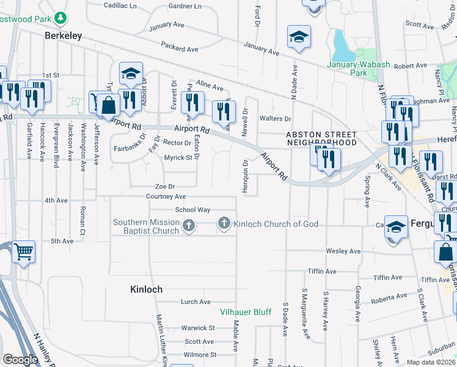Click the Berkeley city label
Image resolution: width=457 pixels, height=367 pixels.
point(64,36)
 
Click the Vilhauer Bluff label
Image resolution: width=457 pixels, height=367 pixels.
point(246,312)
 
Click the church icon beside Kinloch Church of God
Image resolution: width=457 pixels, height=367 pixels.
point(224,224)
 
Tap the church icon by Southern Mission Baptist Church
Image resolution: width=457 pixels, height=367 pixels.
point(188,227)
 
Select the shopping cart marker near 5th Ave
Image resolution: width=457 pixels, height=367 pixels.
point(23,251)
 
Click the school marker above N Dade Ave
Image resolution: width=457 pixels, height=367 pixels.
point(299,37)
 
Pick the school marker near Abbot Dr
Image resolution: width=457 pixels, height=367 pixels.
point(131,74)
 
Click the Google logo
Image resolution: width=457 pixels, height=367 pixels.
point(20,359)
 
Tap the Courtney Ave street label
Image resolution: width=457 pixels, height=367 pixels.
point(166,196)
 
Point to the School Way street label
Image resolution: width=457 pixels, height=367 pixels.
point(192,210)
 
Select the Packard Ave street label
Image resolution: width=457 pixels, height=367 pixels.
point(180,47)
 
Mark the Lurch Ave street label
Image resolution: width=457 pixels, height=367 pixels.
point(196,302)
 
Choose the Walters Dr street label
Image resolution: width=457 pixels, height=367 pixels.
point(276,118)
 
